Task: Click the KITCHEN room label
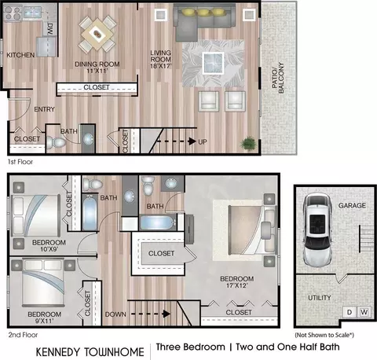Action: (20, 55)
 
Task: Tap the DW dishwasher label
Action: (50, 28)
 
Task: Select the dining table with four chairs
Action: (97, 34)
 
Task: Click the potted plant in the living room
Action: (248, 143)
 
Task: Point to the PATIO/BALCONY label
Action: (278, 78)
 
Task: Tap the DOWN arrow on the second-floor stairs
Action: (151, 314)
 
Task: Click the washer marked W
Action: (364, 312)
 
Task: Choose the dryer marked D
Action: (350, 312)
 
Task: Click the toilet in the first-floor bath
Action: (56, 143)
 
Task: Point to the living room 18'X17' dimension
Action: (161, 66)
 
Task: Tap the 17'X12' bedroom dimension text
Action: (236, 285)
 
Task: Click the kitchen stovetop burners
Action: (13, 13)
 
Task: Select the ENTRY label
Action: (44, 109)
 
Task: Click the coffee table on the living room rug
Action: (213, 63)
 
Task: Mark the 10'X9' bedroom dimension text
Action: (49, 249)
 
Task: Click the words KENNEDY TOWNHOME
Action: (90, 352)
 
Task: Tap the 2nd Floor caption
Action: (23, 335)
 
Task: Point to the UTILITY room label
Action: (320, 298)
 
